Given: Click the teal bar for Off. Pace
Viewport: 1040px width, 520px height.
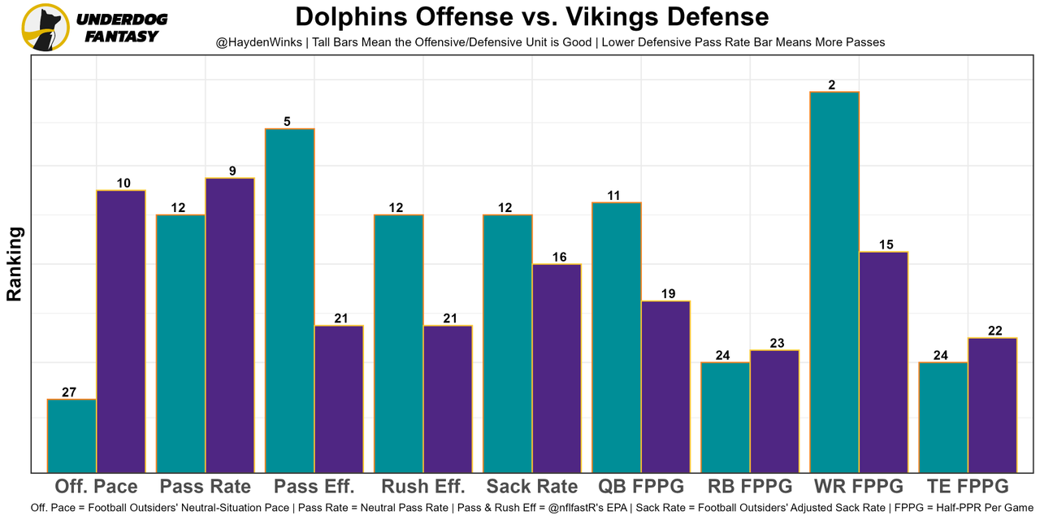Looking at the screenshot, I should pos(71,435).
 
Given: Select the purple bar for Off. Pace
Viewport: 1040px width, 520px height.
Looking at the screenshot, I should pos(121,331).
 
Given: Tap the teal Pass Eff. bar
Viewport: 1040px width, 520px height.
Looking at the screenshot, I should pos(290,300).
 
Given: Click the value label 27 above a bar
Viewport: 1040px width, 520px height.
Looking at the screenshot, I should pos(69,392).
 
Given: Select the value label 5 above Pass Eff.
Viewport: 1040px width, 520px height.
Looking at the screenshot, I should pos(288,122).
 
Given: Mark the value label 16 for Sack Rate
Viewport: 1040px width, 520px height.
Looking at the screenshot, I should pos(560,258).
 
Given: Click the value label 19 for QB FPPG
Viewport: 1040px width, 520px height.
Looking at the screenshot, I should pos(669,294).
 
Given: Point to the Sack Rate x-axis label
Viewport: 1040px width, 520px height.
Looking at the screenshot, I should pos(532,487).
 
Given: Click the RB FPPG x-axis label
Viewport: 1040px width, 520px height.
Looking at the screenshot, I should pos(750,487).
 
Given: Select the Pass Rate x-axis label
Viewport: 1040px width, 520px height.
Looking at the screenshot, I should pos(206,487).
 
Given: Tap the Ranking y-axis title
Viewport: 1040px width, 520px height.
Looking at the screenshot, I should pos(15,264).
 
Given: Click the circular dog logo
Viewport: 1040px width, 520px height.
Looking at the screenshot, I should pos(45,28).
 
